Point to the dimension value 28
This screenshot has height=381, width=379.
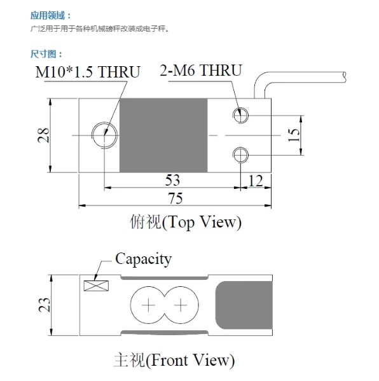pyautogui.click(x=43, y=135)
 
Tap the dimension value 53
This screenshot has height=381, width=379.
pyautogui.click(x=172, y=179)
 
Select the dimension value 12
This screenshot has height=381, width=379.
pyautogui.click(x=254, y=181)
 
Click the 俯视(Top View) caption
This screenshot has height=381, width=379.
pyautogui.click(x=185, y=223)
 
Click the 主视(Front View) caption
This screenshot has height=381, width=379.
pyautogui.click(x=174, y=361)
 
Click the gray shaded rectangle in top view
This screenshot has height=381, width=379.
pyautogui.click(x=163, y=135)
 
